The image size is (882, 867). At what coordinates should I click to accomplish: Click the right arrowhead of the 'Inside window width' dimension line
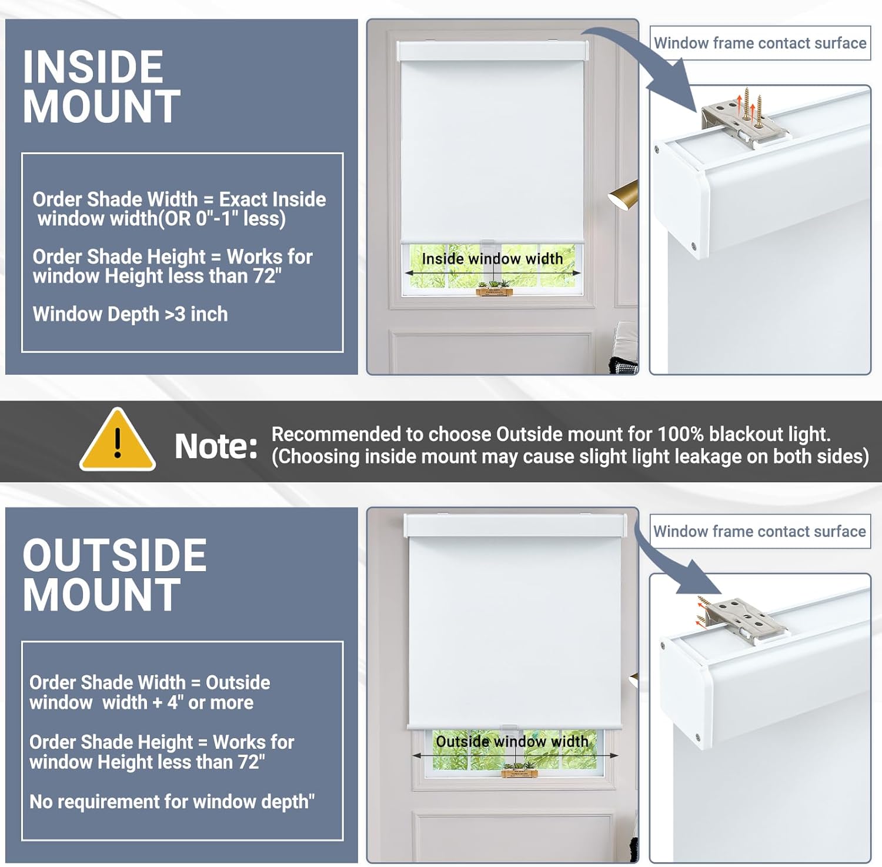(x=579, y=273)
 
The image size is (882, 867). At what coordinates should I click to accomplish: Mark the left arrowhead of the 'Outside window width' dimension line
(x=415, y=755)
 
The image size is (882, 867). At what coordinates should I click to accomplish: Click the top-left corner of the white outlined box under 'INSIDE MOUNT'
(x=22, y=153)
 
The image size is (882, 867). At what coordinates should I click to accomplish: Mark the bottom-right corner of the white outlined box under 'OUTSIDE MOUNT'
(x=343, y=840)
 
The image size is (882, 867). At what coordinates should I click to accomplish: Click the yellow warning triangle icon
(x=118, y=440)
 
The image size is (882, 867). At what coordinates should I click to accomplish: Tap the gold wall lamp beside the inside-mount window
(x=623, y=195)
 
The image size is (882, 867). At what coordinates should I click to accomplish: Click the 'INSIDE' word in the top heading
(x=93, y=66)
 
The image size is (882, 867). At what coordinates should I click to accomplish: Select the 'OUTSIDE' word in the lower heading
(x=115, y=555)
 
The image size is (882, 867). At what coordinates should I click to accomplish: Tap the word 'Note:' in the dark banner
(x=216, y=446)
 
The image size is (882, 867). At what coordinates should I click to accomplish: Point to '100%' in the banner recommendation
(x=680, y=434)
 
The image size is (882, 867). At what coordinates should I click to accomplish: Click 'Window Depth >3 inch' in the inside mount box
(x=130, y=314)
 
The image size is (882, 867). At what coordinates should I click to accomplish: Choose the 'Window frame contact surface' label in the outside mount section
(x=760, y=531)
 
